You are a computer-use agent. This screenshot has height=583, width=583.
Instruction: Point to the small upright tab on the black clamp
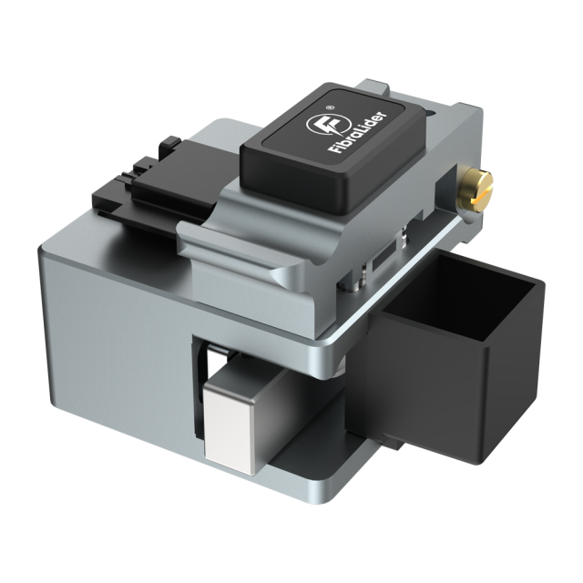[169, 146]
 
